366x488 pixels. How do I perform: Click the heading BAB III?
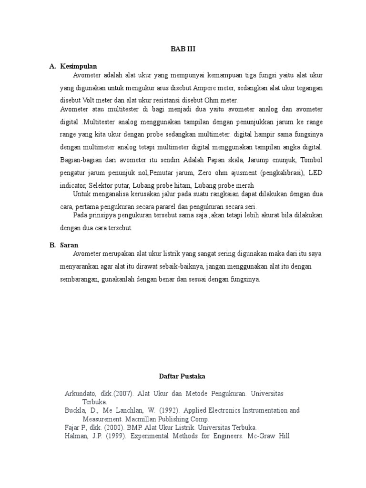[183, 49]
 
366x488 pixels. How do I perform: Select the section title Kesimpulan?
[79, 66]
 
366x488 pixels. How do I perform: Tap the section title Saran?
[69, 245]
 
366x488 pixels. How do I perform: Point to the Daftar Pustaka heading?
[183, 376]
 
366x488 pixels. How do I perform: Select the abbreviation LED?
[315, 172]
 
